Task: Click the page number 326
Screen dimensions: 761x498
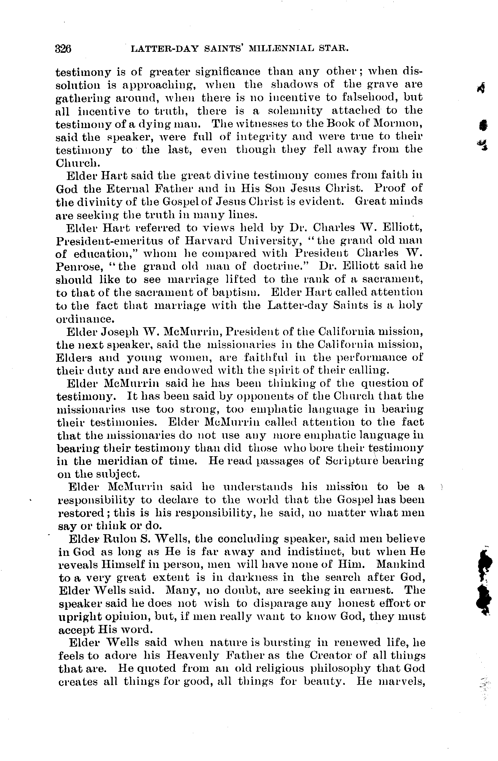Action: pos(63,49)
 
